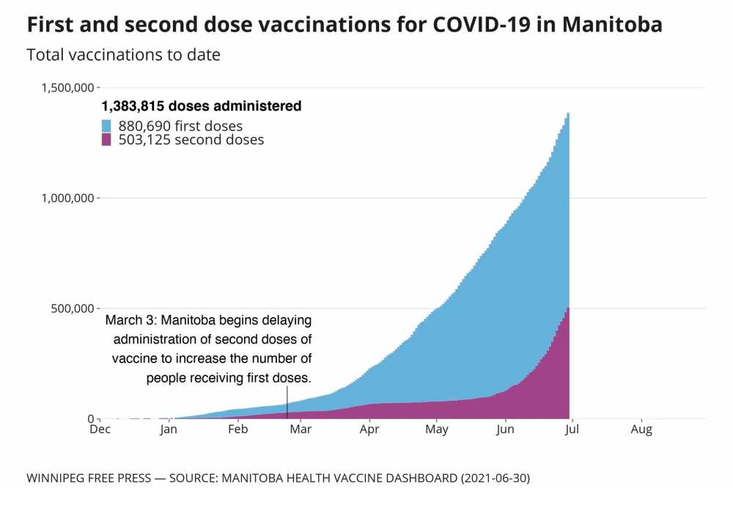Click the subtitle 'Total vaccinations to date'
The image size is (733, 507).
[123, 55]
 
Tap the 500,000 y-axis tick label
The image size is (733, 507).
[70, 308]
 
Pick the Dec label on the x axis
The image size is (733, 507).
[100, 430]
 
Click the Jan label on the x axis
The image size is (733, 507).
[169, 430]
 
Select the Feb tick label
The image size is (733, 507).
[237, 430]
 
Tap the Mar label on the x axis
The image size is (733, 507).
[301, 430]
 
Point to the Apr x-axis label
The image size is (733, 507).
[369, 430]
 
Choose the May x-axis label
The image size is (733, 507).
[437, 430]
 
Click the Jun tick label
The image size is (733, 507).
[506, 430]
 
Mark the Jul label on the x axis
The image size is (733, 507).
[572, 430]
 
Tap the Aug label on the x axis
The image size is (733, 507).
[641, 430]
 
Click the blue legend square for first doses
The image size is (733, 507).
[106, 125]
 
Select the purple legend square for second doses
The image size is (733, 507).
[106, 139]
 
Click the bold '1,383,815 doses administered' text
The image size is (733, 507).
[201, 106]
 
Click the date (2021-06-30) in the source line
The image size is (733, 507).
[494, 478]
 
